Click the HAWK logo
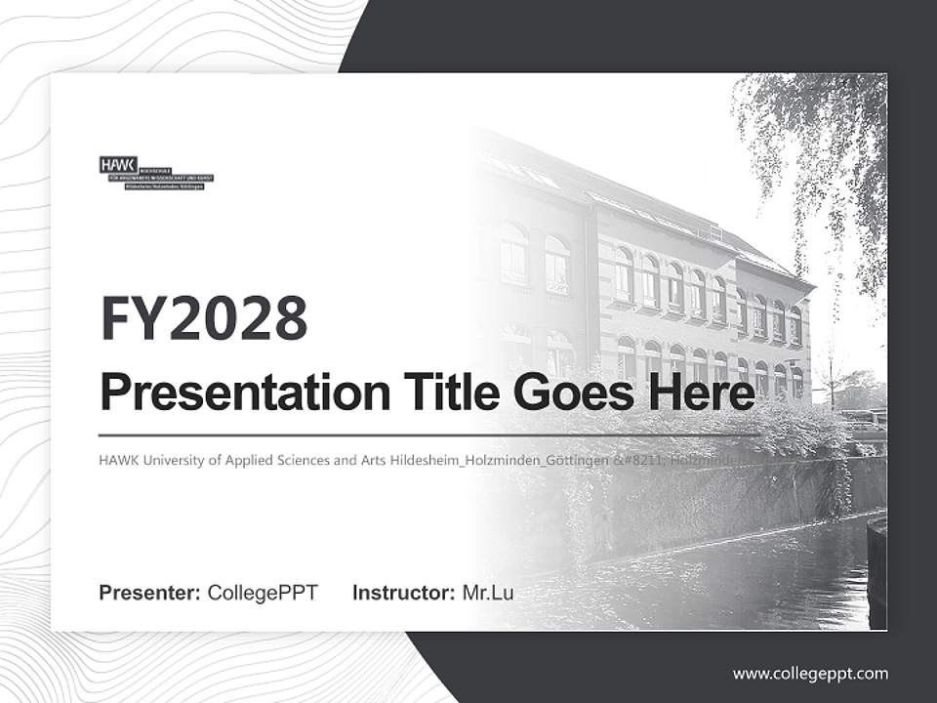(x=155, y=172)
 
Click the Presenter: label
(x=150, y=593)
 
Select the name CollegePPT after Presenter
(x=263, y=593)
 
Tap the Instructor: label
(x=404, y=593)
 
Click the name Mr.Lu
(x=488, y=593)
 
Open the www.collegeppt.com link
(x=810, y=673)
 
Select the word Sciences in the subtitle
(x=300, y=460)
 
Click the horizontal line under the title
(x=429, y=434)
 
